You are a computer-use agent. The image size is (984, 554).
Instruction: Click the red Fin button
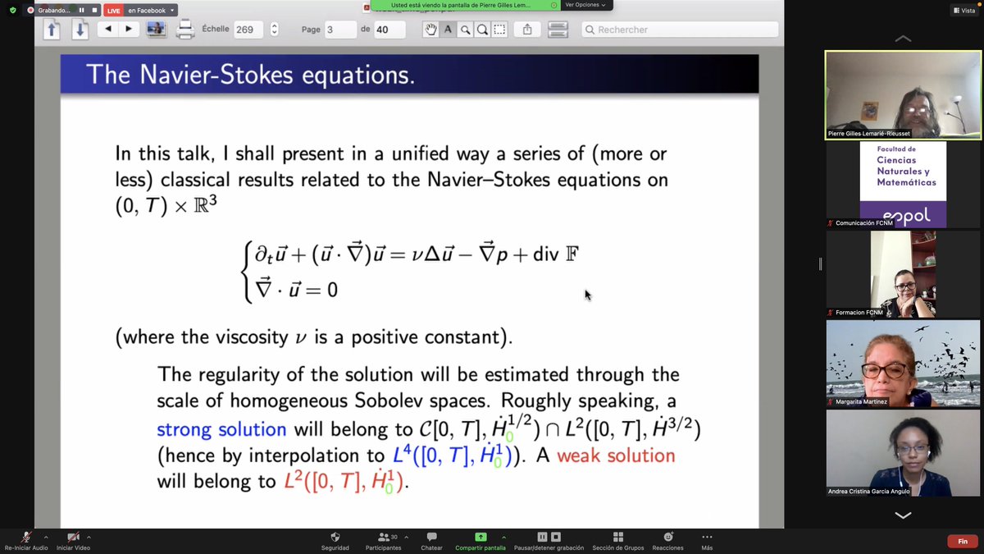(963, 541)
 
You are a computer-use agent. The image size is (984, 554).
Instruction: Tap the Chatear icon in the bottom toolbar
(431, 537)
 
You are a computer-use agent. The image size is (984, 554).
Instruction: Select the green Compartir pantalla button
(481, 537)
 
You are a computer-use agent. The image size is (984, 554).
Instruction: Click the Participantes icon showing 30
(383, 537)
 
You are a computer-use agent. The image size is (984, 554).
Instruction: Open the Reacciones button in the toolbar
(667, 537)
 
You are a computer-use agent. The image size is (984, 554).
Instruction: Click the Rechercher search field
(681, 30)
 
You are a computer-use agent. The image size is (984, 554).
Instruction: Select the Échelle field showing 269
(248, 30)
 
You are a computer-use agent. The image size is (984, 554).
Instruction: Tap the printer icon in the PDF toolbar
(185, 30)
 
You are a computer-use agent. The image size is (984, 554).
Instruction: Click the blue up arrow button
(52, 30)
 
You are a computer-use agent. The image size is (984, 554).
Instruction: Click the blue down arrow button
(80, 30)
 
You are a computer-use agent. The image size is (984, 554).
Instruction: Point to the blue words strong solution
(221, 430)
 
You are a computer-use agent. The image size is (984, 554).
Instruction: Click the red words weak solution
(616, 456)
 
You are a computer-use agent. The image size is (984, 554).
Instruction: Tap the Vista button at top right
(963, 10)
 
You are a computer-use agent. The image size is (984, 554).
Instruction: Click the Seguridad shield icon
(335, 537)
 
